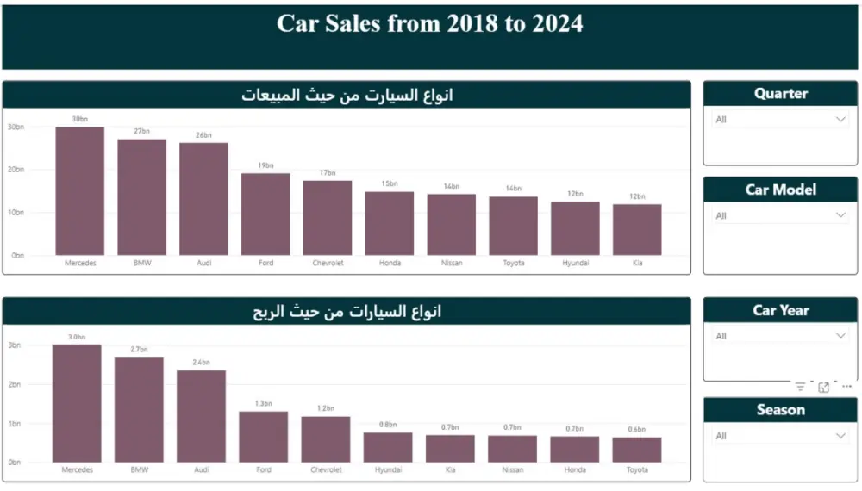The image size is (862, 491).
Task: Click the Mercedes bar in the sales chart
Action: (x=79, y=191)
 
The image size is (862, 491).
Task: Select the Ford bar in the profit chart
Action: (x=264, y=437)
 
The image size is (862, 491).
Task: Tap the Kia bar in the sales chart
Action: (x=637, y=230)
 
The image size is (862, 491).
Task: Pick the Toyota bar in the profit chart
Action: (x=637, y=450)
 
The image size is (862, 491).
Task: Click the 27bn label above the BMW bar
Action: (x=141, y=132)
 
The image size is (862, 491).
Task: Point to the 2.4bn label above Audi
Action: (x=202, y=363)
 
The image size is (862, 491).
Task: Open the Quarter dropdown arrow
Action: (x=841, y=120)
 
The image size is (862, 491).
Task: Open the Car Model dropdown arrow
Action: (x=841, y=216)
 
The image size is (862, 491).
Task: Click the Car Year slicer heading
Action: (x=781, y=311)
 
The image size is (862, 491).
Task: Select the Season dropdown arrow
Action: (x=841, y=437)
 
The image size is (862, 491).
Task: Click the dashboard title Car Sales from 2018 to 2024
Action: (x=429, y=24)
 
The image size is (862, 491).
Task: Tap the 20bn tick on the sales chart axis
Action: (x=16, y=170)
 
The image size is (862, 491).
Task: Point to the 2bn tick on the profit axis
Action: (x=16, y=384)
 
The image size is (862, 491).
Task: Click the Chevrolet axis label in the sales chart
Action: (x=328, y=263)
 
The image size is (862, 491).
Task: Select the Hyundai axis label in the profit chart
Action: (x=388, y=470)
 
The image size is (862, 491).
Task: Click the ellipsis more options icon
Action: (x=846, y=388)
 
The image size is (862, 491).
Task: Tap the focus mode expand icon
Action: (x=824, y=388)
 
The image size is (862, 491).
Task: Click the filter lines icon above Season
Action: (x=801, y=388)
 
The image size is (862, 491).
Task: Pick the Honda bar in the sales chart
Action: (x=390, y=223)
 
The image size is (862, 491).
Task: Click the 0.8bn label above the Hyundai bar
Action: (x=388, y=425)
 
